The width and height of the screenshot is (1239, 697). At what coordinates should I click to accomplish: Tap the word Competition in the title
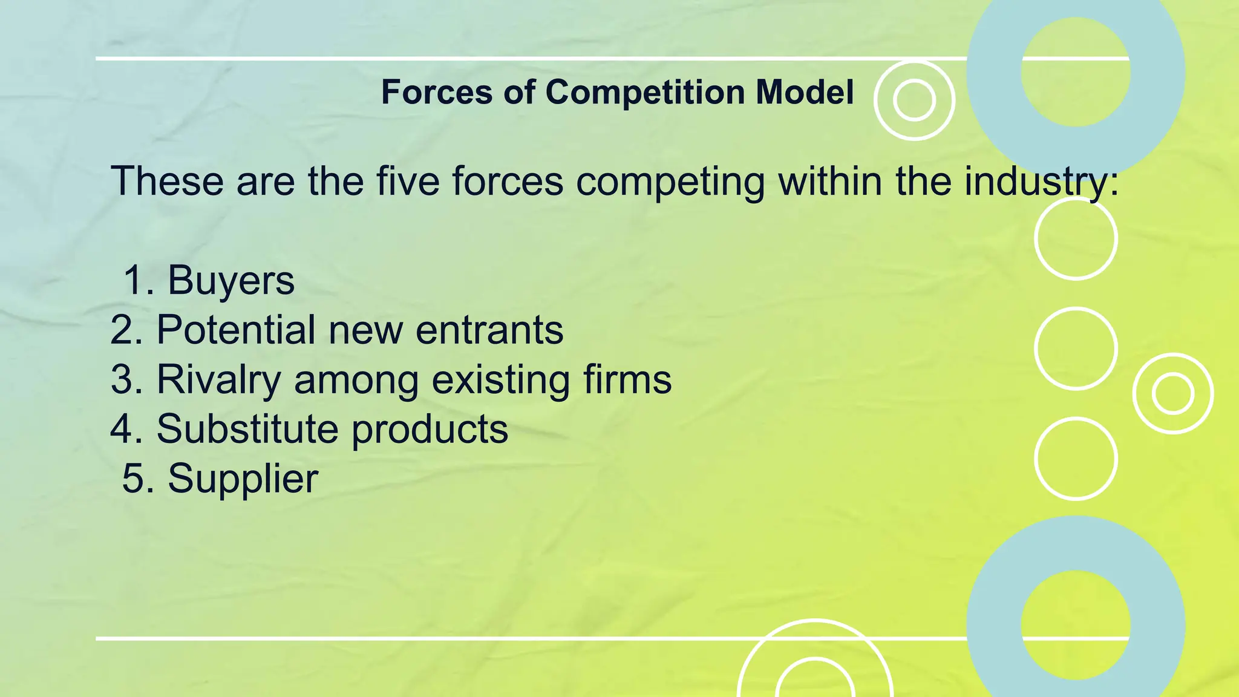pyautogui.click(x=645, y=92)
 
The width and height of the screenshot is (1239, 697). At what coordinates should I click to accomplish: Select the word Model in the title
pyautogui.click(x=804, y=92)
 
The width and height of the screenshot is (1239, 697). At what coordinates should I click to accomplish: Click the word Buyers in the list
pyautogui.click(x=230, y=280)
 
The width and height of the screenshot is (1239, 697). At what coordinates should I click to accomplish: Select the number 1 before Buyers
pyautogui.click(x=134, y=280)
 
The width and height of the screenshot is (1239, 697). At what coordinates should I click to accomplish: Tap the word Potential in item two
pyautogui.click(x=236, y=330)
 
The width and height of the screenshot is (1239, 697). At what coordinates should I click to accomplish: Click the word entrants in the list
pyautogui.click(x=489, y=330)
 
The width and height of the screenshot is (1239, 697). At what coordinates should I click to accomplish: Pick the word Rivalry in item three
pyautogui.click(x=219, y=380)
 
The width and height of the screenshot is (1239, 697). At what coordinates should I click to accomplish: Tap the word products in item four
pyautogui.click(x=430, y=429)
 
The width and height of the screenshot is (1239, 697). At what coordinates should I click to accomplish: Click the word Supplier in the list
pyautogui.click(x=243, y=479)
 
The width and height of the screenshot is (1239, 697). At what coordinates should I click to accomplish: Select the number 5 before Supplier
pyautogui.click(x=133, y=479)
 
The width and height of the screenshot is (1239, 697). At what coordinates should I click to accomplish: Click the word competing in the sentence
pyautogui.click(x=670, y=181)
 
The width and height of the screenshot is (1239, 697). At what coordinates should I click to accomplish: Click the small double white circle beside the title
pyautogui.click(x=914, y=100)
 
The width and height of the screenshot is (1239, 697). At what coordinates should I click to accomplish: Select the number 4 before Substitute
pyautogui.click(x=122, y=429)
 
